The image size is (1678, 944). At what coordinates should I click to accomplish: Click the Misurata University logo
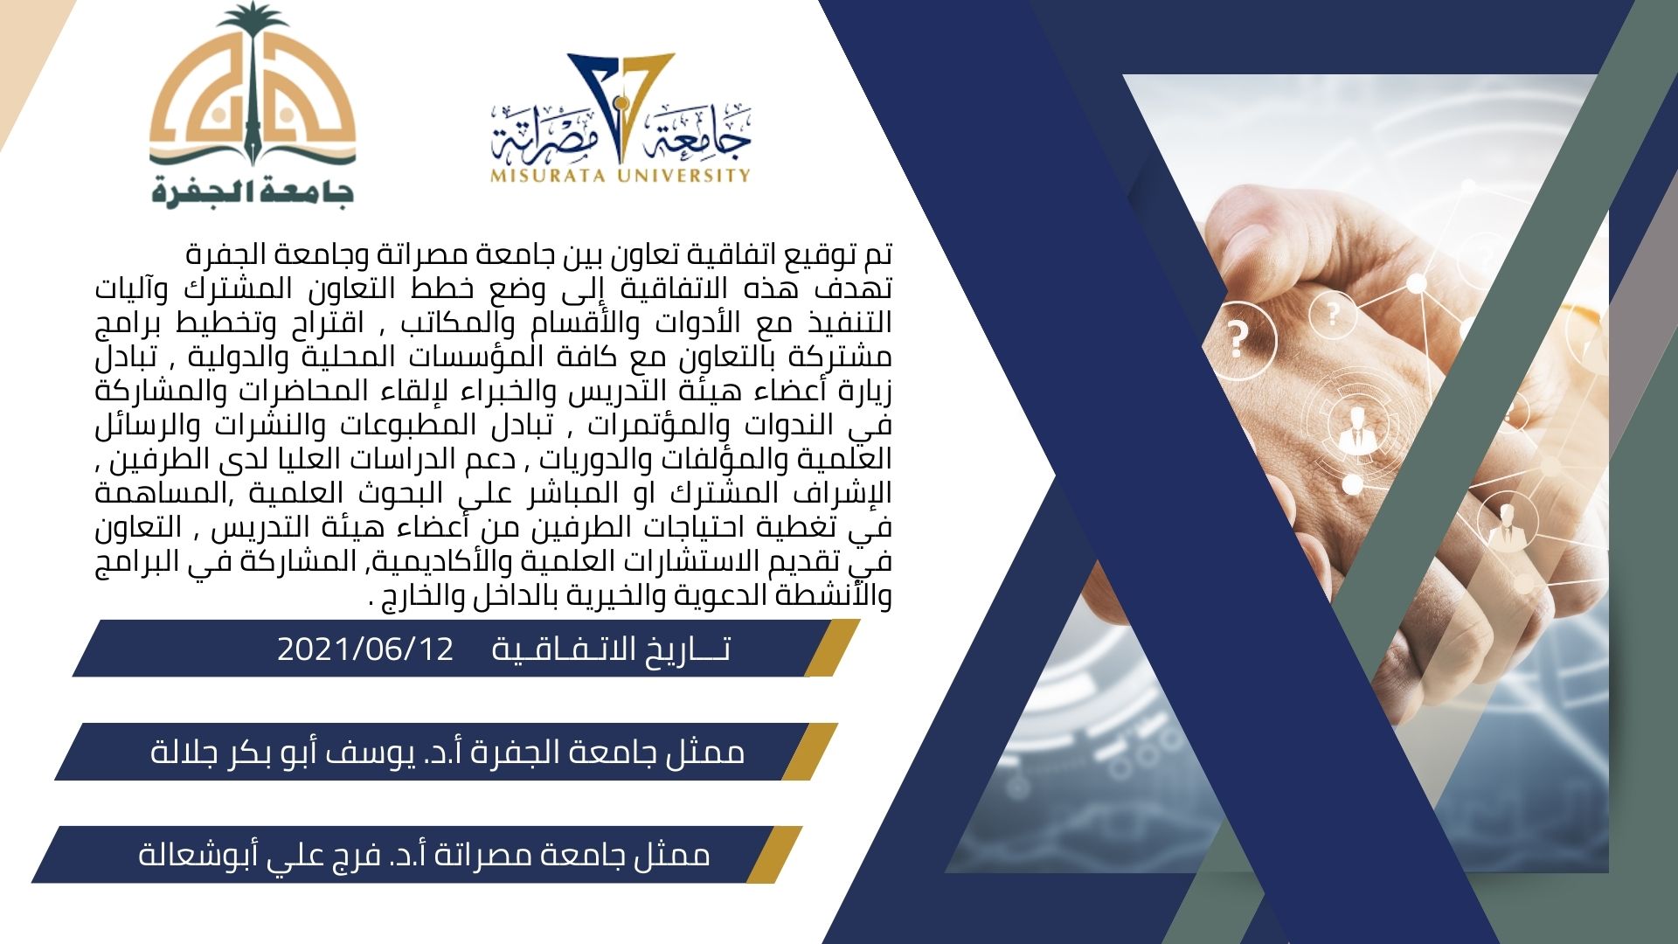621,118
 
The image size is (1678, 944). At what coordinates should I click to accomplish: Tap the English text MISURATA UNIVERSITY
621,175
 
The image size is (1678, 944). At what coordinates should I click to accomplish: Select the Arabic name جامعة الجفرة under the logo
253,190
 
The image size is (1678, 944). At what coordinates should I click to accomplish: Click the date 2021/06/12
365,649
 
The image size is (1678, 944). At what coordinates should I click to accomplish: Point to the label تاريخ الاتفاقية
611,649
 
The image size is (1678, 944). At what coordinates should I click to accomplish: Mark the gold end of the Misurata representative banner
774,855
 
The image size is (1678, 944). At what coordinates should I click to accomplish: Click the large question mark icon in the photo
1237,339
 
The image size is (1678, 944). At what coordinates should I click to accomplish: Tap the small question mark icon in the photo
1333,313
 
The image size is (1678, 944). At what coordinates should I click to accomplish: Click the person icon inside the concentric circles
1356,429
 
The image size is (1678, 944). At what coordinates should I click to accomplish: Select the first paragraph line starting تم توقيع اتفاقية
538,256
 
